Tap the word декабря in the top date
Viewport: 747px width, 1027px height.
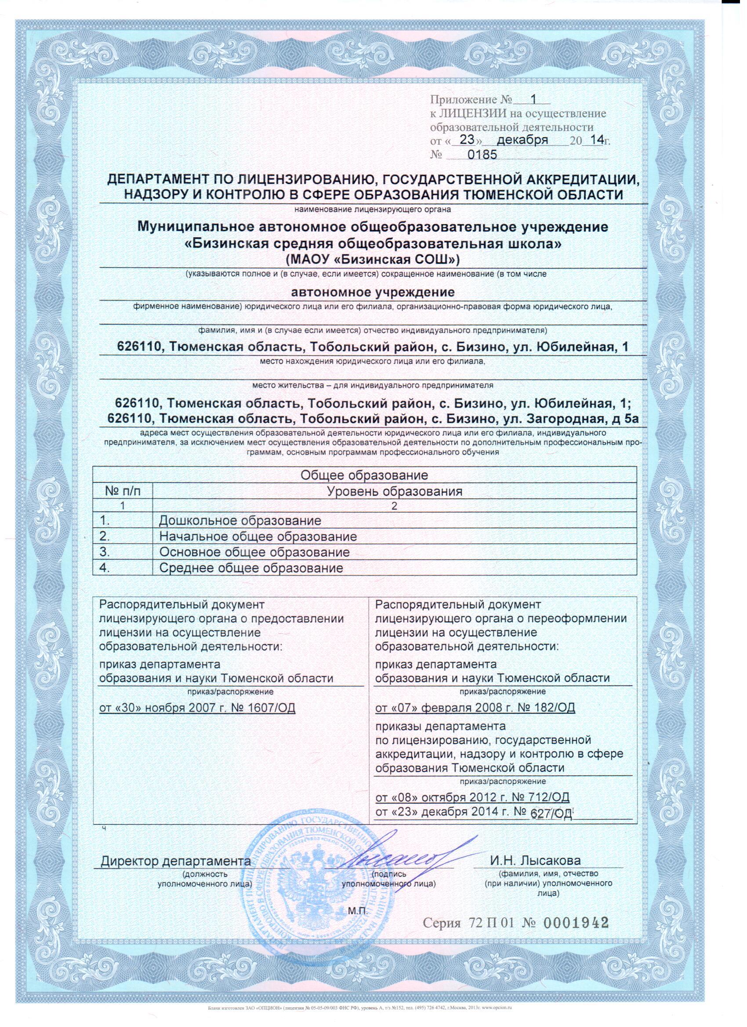(523, 140)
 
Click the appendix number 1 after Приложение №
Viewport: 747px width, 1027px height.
(533, 99)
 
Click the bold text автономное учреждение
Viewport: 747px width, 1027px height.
(373, 292)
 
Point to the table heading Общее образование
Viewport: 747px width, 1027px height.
(364, 475)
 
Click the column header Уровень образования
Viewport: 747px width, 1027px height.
(394, 491)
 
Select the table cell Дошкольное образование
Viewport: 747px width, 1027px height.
(240, 520)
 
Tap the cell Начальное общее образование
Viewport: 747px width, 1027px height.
(258, 537)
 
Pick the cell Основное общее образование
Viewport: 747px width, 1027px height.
(254, 553)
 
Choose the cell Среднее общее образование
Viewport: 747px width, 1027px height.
(251, 568)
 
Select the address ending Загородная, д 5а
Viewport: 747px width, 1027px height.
(372, 419)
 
